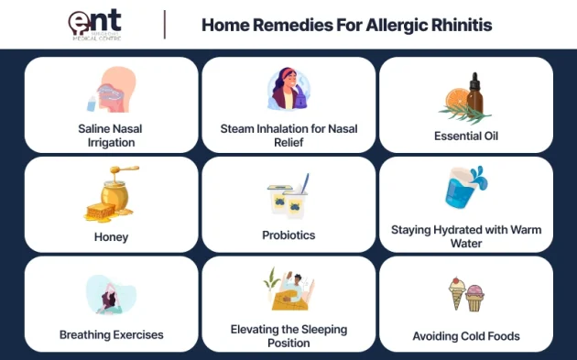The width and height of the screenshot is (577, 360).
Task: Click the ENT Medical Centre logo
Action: [96, 24]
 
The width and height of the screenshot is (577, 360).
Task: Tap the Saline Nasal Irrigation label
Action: [111, 136]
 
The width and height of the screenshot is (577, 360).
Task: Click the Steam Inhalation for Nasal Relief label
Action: [288, 136]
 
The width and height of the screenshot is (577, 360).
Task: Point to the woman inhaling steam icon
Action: [288, 90]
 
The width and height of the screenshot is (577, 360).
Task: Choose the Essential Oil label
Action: [466, 136]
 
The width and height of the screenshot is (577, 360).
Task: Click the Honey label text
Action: [111, 236]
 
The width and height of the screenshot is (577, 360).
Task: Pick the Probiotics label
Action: [288, 235]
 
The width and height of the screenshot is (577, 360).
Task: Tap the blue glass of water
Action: [462, 189]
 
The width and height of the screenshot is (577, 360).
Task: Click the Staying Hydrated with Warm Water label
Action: [465, 236]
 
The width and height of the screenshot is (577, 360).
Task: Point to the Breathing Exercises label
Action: [111, 334]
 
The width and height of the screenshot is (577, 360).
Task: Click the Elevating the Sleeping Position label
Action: [288, 335]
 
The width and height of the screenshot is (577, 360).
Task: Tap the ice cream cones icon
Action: [466, 295]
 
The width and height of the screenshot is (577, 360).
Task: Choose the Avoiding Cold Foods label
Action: [466, 335]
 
